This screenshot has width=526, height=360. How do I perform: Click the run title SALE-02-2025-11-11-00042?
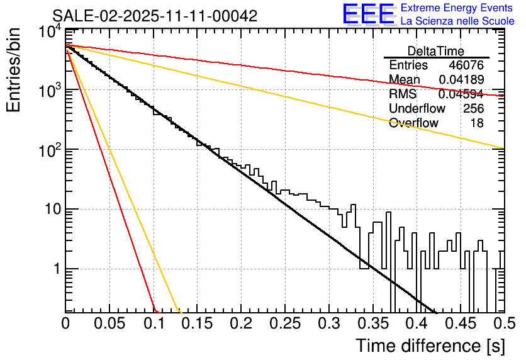pyautogui.click(x=155, y=16)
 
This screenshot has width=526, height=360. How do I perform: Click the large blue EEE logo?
pyautogui.click(x=368, y=15)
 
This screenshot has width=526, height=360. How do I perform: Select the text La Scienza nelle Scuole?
pyautogui.click(x=457, y=21)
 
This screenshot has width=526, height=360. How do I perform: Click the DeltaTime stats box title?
pyautogui.click(x=436, y=51)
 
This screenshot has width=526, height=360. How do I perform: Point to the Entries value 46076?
pyautogui.click(x=466, y=65)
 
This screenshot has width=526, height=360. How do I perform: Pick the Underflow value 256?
pyautogui.click(x=473, y=108)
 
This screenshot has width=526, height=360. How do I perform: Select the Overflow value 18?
pyautogui.click(x=478, y=123)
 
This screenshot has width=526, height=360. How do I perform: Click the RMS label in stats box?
pyautogui.click(x=403, y=94)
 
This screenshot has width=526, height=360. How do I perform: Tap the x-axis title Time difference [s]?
pyautogui.click(x=430, y=346)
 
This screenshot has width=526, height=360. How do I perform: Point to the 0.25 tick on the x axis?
pyautogui.click(x=285, y=324)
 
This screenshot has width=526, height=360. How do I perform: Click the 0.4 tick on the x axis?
pyautogui.click(x=416, y=324)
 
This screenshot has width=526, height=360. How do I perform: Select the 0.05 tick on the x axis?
pyautogui.click(x=109, y=324)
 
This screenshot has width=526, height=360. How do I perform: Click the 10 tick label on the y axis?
pyautogui.click(x=49, y=210)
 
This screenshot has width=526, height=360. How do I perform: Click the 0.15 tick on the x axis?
pyautogui.click(x=197, y=324)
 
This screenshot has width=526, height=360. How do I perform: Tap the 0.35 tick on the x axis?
pyautogui.click(x=372, y=324)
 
